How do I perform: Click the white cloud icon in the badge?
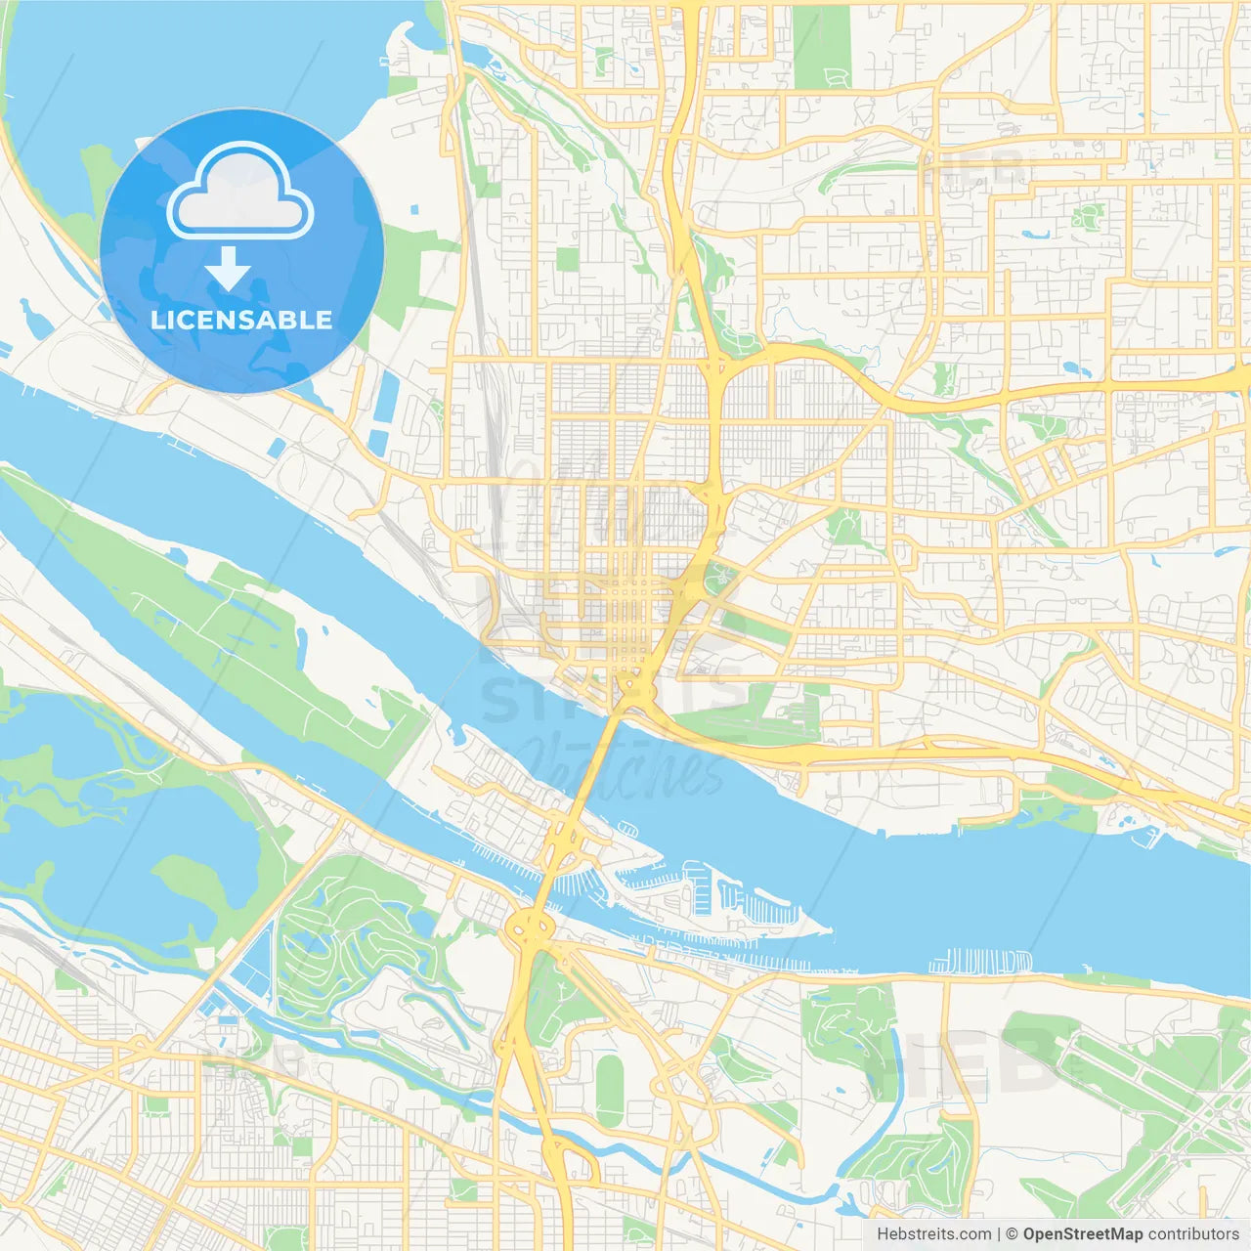click(240, 192)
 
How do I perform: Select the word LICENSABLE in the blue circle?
click(241, 320)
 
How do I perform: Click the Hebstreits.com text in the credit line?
click(934, 1233)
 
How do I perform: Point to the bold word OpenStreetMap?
click(1082, 1233)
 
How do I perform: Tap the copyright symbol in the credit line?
click(1013, 1233)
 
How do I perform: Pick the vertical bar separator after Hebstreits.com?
click(999, 1233)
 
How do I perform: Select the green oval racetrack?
click(610, 1090)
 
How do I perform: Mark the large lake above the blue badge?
click(195, 59)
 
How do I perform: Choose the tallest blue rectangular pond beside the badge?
click(388, 404)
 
